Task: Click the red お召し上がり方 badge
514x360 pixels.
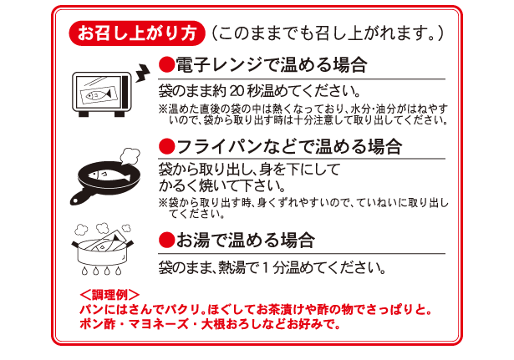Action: pos(137,34)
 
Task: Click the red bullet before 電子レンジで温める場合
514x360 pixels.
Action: pos(165,65)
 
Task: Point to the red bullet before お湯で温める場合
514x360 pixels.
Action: pos(165,241)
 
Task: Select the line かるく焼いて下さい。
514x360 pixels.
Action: pos(216,185)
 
